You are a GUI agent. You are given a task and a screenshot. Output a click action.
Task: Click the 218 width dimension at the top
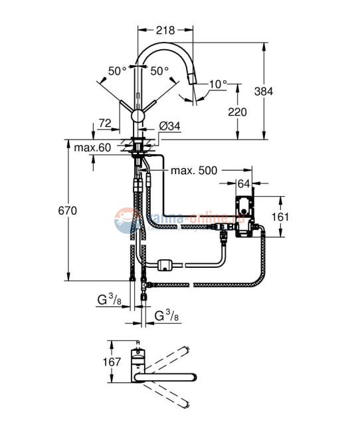(x=165, y=30)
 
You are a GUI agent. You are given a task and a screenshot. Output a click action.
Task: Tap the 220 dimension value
(x=236, y=112)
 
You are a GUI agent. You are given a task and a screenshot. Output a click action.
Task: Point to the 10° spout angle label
(x=217, y=84)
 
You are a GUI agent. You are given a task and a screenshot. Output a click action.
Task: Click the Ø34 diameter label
(x=168, y=127)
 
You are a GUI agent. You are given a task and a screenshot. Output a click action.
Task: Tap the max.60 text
(x=92, y=147)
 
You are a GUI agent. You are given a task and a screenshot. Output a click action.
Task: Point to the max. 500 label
(x=194, y=171)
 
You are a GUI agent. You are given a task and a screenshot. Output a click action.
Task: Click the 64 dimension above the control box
(x=244, y=183)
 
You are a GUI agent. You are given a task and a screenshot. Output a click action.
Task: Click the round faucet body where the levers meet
(x=138, y=116)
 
